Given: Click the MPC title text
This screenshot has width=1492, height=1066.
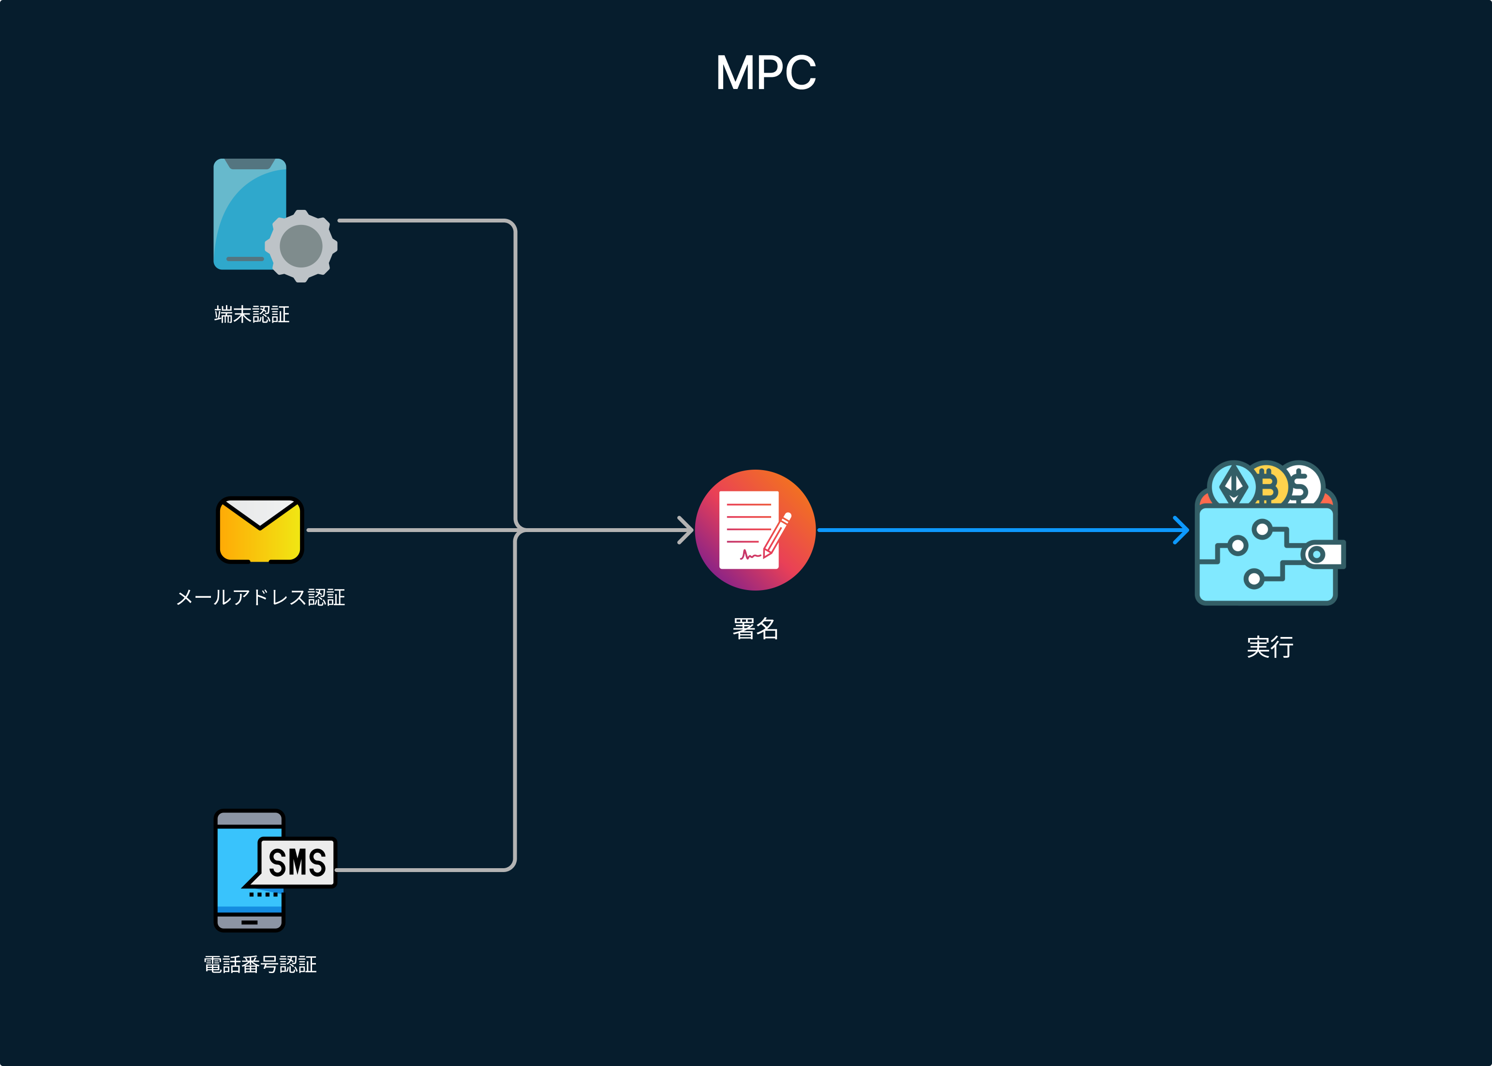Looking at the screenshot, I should [765, 73].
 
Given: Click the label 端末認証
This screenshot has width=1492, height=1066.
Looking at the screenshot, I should [252, 314].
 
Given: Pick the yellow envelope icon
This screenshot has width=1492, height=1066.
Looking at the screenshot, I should [260, 530].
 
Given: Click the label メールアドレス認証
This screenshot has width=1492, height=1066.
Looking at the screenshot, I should [261, 597].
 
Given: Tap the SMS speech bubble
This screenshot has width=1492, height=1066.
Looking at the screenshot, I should [297, 862].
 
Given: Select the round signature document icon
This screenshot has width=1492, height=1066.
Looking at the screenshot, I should [755, 530].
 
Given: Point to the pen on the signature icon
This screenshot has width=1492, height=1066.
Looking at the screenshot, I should [778, 535].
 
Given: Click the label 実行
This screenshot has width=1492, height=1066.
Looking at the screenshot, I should [1269, 647].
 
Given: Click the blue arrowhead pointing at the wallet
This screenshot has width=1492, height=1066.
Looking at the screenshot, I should [1181, 530].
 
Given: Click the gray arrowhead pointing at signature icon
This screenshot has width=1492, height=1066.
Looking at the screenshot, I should [686, 530].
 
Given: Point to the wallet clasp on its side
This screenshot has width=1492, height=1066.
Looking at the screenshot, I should [1322, 555].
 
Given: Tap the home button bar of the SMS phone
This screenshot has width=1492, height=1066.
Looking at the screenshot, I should [250, 922].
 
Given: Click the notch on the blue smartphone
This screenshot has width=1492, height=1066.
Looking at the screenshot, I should [250, 164].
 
